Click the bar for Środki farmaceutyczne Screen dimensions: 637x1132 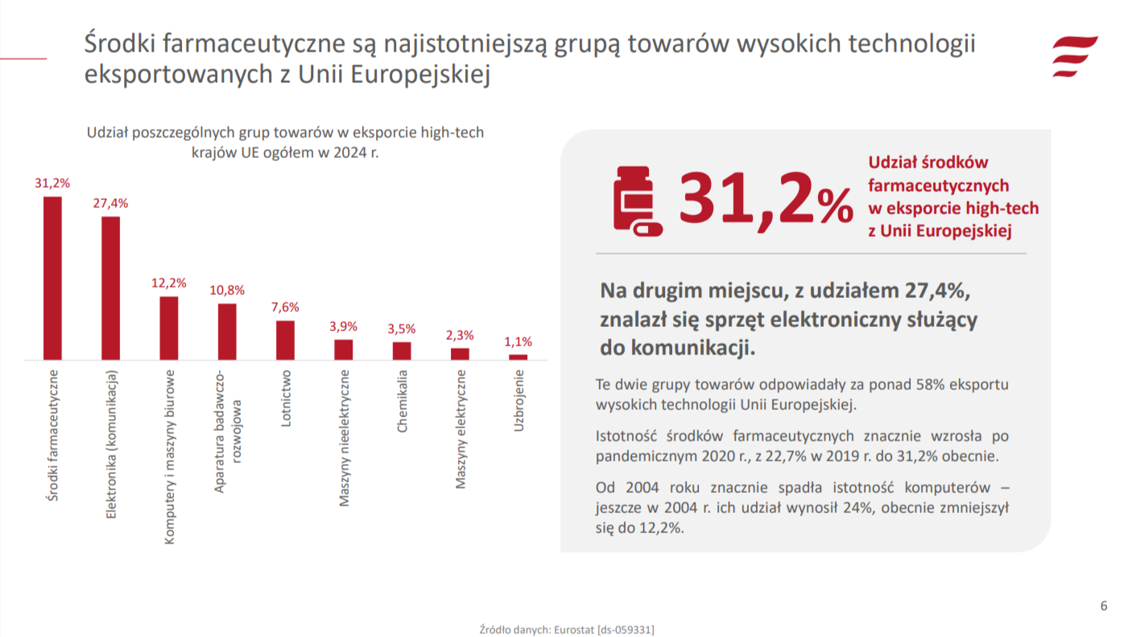(x=52, y=278)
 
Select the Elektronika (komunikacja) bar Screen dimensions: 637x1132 (x=110, y=287)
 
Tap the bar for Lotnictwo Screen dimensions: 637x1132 (x=285, y=340)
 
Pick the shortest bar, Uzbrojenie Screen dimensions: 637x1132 (x=518, y=357)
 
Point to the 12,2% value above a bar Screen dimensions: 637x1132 (x=168, y=283)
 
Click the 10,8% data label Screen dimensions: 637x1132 (x=227, y=290)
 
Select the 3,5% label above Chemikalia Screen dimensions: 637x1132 (x=402, y=329)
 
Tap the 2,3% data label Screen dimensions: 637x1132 (x=460, y=335)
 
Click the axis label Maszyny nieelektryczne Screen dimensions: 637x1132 (x=345, y=438)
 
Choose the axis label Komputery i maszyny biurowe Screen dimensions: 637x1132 (x=170, y=457)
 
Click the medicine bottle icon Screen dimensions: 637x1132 (x=637, y=201)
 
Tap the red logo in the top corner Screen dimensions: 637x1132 (x=1075, y=56)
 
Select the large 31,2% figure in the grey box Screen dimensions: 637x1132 (x=765, y=198)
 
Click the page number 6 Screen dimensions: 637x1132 (x=1104, y=606)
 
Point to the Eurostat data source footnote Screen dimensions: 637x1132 (x=566, y=629)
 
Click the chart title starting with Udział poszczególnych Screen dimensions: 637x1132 (x=285, y=142)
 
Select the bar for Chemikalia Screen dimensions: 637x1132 (x=402, y=350)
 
